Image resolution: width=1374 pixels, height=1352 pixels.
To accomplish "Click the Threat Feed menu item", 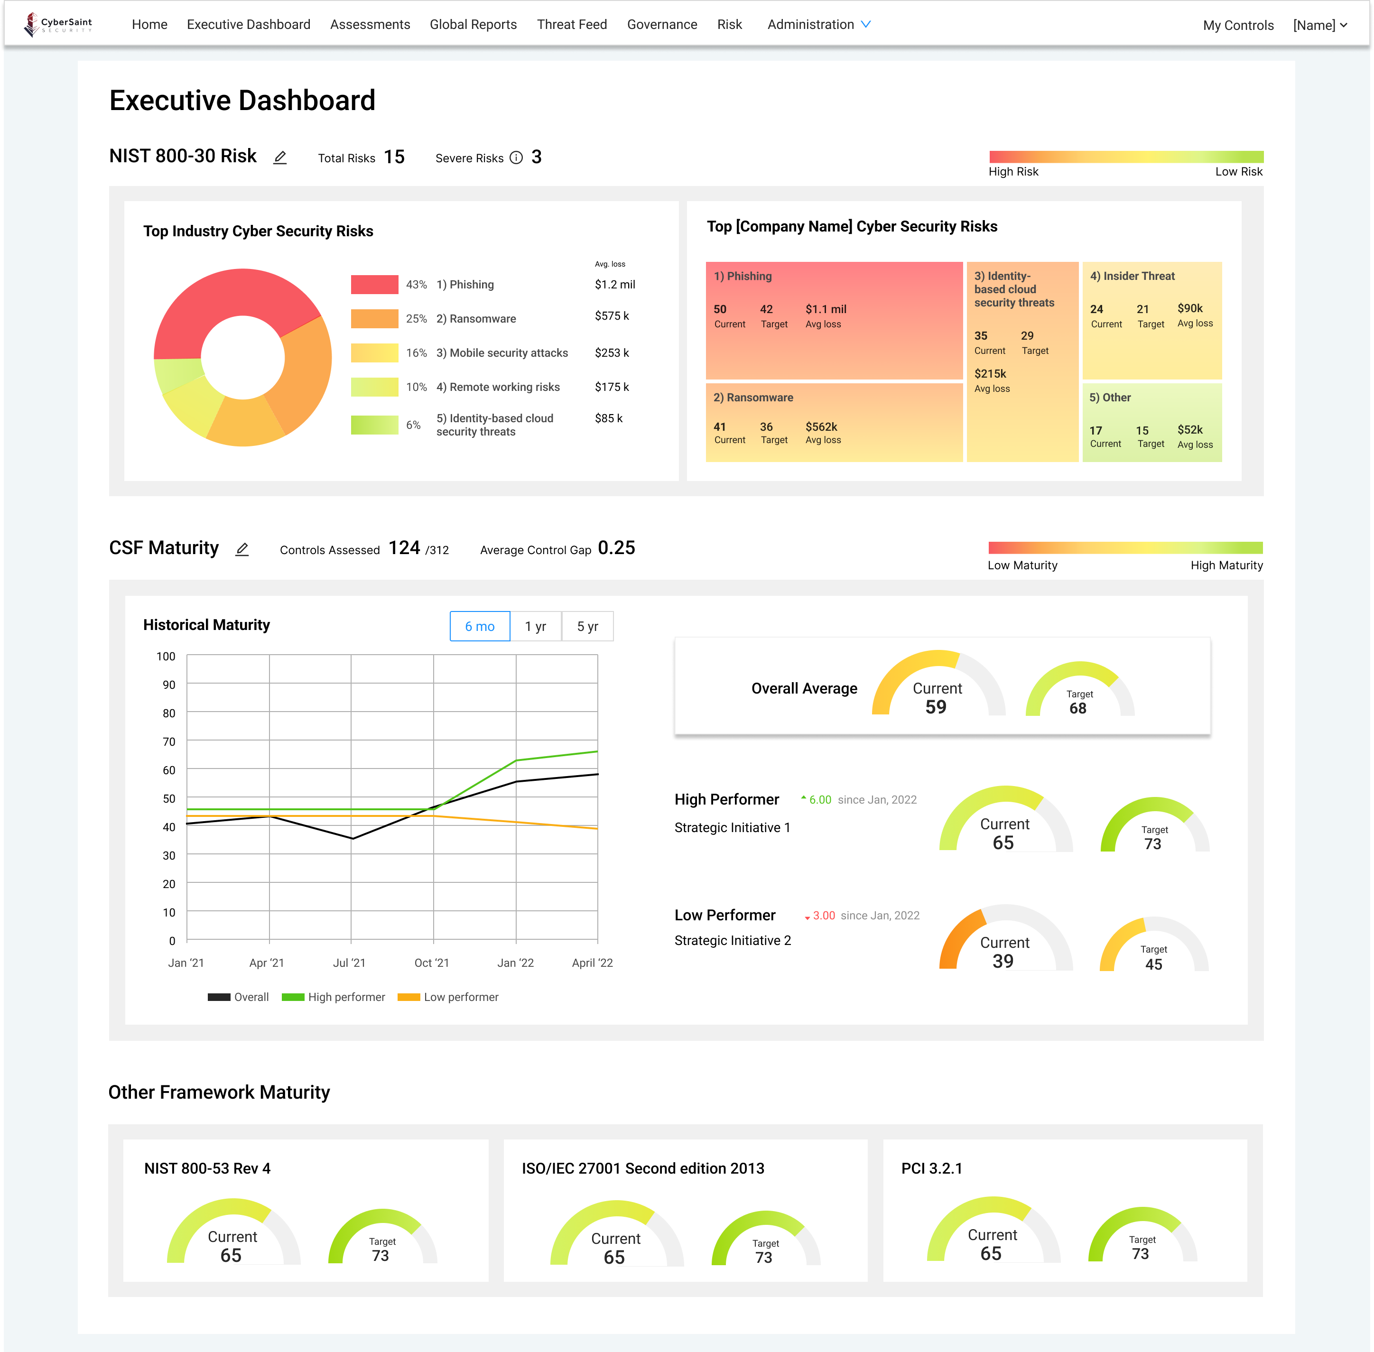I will click(572, 25).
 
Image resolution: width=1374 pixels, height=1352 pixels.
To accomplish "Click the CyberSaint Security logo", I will click(58, 24).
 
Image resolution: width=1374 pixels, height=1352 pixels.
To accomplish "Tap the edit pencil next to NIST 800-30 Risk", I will click(280, 157).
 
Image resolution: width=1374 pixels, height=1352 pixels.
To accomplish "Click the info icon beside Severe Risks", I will click(516, 157).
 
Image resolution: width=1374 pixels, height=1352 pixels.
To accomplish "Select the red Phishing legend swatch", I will click(374, 285).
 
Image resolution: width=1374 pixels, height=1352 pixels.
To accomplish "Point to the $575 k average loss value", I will click(612, 316).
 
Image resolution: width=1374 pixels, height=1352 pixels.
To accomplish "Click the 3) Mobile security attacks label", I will click(501, 353).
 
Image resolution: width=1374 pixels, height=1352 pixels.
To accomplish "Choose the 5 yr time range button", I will click(587, 626).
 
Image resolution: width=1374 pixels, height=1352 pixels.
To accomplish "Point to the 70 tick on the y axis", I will click(169, 742).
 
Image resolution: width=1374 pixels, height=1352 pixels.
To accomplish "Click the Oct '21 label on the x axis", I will click(432, 963).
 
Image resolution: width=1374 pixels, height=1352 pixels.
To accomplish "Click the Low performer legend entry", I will click(449, 997).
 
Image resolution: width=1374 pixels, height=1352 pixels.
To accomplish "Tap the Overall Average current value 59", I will click(936, 707).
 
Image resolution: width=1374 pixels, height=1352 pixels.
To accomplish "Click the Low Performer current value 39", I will click(1003, 962).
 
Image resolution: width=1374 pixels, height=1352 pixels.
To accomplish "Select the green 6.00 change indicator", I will click(819, 799).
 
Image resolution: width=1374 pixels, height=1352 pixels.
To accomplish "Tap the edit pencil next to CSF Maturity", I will click(242, 550).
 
